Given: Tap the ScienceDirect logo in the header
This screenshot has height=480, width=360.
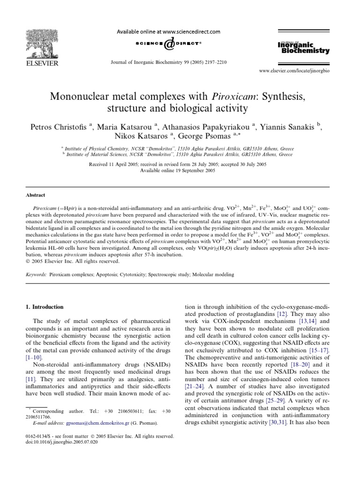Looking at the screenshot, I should click(167, 44).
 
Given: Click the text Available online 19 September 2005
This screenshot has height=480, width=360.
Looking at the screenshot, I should click(180, 171).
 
